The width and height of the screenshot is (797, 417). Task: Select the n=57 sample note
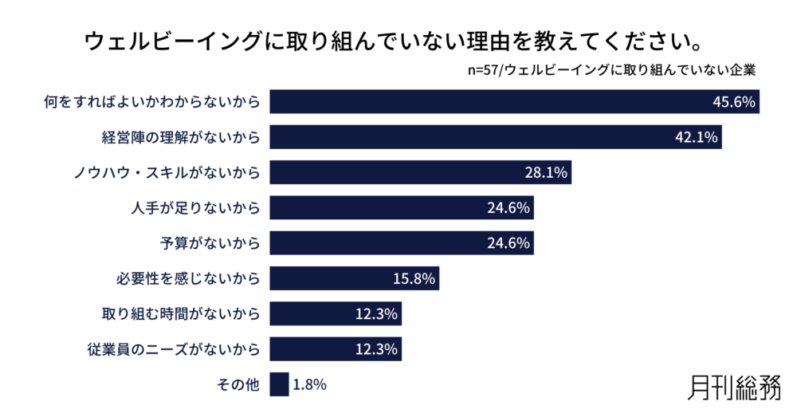click(x=612, y=69)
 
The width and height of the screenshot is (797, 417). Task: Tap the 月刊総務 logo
click(x=732, y=387)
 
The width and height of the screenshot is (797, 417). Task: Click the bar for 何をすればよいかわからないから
click(x=478, y=102)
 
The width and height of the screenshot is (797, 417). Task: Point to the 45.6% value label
click(x=733, y=102)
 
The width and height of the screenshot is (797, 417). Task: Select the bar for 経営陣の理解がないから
click(x=462, y=137)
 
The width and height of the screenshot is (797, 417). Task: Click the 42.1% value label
click(x=697, y=137)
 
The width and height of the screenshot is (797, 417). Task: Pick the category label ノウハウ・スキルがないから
click(x=173, y=172)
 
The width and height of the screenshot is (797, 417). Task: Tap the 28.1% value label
click(x=545, y=172)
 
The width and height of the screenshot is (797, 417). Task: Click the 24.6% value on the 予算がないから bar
click(x=508, y=243)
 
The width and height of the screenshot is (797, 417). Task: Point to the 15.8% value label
click(x=414, y=278)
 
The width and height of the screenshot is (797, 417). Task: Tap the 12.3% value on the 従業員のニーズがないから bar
click(x=376, y=349)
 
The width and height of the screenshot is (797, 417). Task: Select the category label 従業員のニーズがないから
click(x=174, y=349)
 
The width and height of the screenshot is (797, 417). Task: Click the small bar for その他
click(x=279, y=384)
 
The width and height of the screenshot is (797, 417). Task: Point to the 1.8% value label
click(x=309, y=384)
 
